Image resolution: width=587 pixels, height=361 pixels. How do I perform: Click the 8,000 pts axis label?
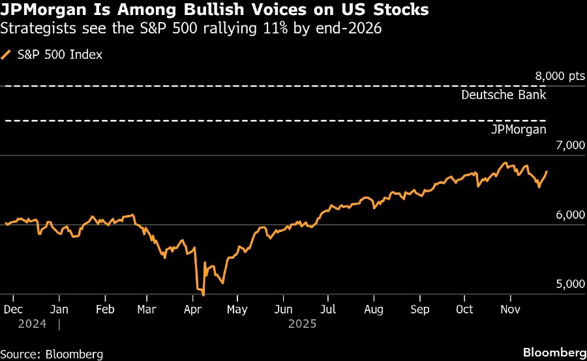point(560,76)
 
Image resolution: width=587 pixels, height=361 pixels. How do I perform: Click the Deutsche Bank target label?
point(504,94)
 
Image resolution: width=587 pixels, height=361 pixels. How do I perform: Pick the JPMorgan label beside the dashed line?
point(519,130)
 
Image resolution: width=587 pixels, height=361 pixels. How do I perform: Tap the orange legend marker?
point(7,55)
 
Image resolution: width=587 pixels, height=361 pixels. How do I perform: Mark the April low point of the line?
point(203,295)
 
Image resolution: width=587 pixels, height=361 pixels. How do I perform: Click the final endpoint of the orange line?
point(547,171)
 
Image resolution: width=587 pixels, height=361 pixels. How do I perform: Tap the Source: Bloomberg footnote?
point(52,354)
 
